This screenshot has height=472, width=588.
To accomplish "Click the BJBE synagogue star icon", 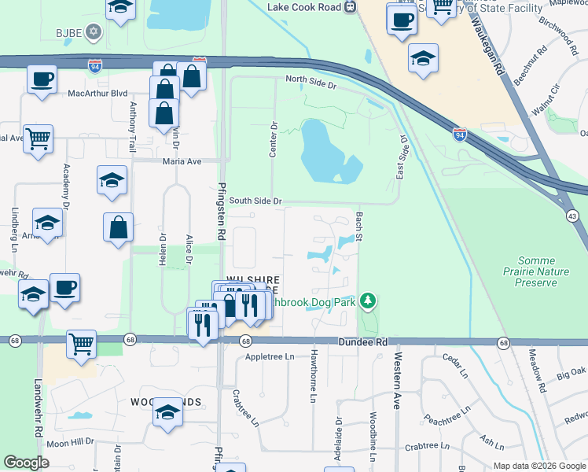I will pyautogui.click(x=94, y=31).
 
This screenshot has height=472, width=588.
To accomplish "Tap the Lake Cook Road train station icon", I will pyautogui.click(x=351, y=6).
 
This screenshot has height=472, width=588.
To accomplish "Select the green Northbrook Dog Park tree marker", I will pyautogui.click(x=367, y=301).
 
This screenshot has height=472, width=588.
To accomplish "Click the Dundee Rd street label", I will pyautogui.click(x=363, y=342).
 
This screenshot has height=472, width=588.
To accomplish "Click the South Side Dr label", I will pyautogui.click(x=255, y=201).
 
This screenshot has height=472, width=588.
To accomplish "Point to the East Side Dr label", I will pyautogui.click(x=402, y=157).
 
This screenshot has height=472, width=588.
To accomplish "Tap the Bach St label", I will pyautogui.click(x=358, y=226).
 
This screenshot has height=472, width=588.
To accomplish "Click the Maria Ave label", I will pyautogui.click(x=182, y=161).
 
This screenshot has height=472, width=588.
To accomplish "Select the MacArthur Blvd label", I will pyautogui.click(x=97, y=93).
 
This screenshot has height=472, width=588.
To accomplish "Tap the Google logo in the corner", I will pyautogui.click(x=26, y=463).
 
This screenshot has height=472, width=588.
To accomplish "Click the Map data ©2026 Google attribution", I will pyautogui.click(x=539, y=466).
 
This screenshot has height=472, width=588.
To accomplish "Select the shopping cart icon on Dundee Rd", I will pyautogui.click(x=81, y=344).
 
